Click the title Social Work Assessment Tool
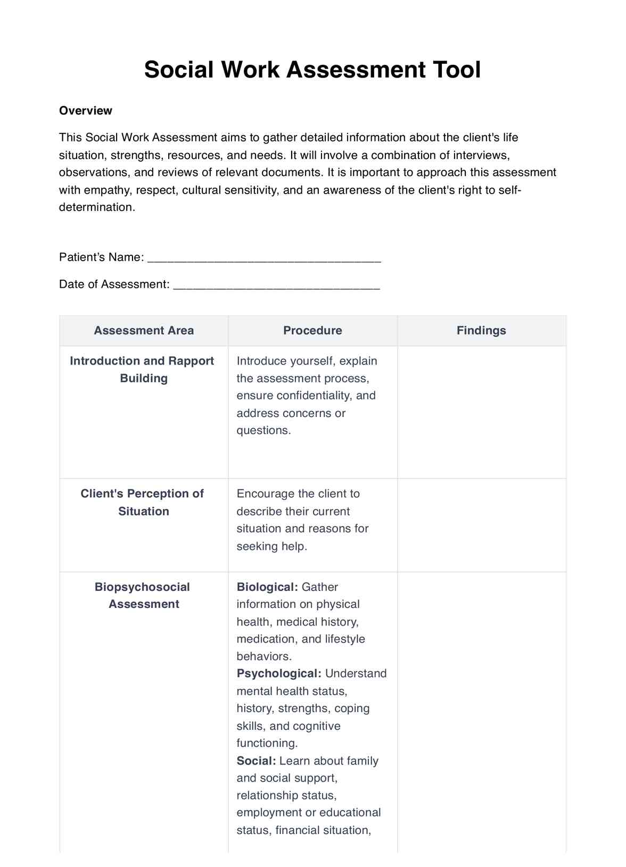pyautogui.click(x=312, y=70)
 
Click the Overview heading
pyautogui.click(x=86, y=111)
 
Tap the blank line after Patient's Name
pyautogui.click(x=263, y=259)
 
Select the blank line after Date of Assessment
pyautogui.click(x=277, y=286)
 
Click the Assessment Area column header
pyautogui.click(x=144, y=330)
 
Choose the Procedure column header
pyautogui.click(x=312, y=330)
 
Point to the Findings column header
pyautogui.click(x=481, y=330)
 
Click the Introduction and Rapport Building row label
pyautogui.click(x=142, y=369)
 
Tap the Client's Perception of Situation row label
pyautogui.click(x=142, y=502)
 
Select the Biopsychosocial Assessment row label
pyautogui.click(x=143, y=595)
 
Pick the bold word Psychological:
pyautogui.click(x=279, y=673)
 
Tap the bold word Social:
pyautogui.click(x=256, y=761)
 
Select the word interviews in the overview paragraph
pyautogui.click(x=481, y=155)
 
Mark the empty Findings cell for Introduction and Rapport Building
pyautogui.click(x=481, y=412)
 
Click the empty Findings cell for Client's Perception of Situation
pyautogui.click(x=481, y=525)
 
